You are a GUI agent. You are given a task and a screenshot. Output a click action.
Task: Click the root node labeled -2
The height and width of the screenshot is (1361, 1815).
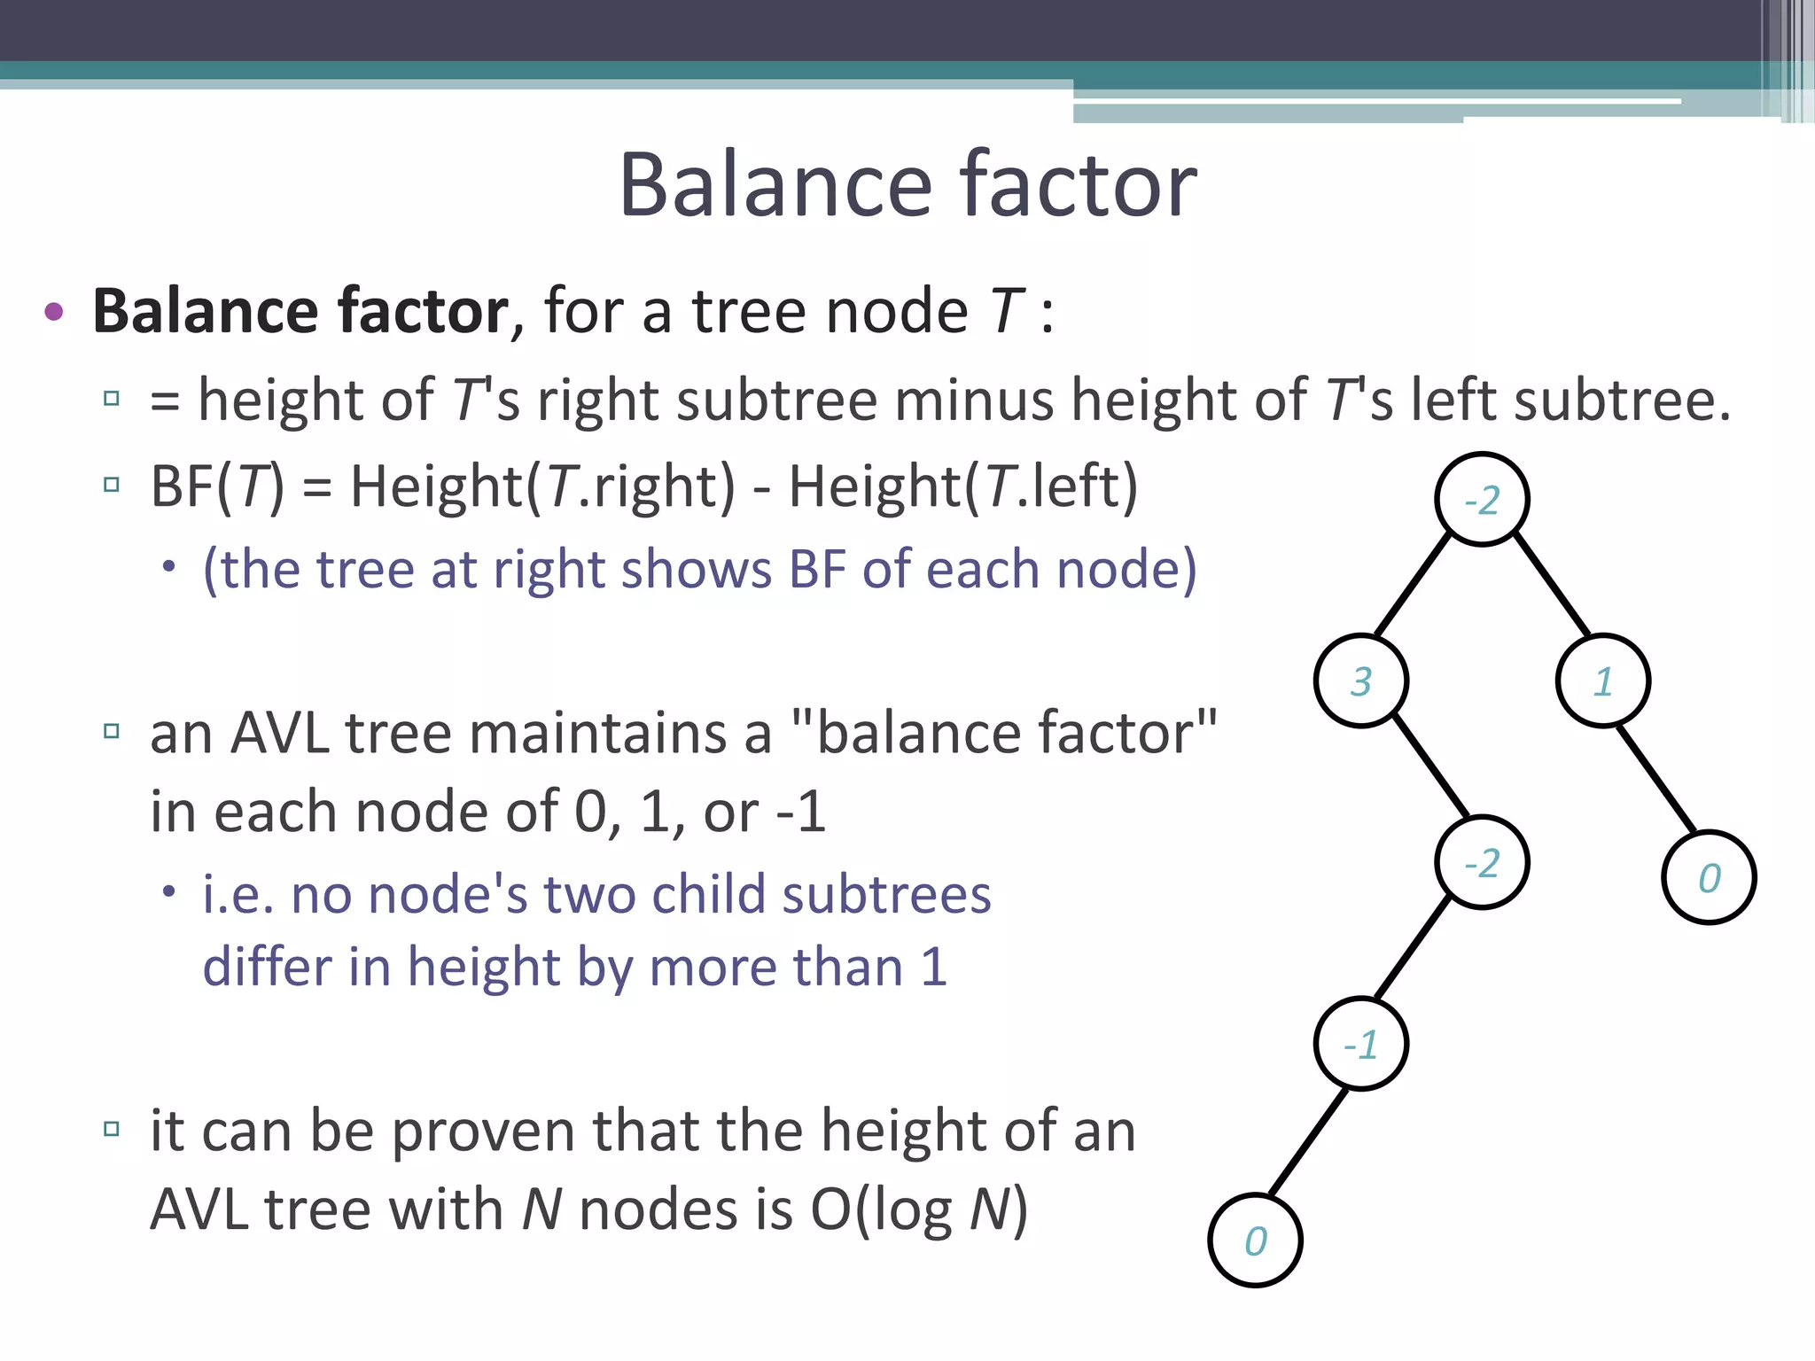(x=1482, y=500)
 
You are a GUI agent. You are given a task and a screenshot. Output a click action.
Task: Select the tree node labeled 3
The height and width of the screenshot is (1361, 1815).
(x=1361, y=680)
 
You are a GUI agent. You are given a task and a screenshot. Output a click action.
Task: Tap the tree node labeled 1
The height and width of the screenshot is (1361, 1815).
(x=1602, y=680)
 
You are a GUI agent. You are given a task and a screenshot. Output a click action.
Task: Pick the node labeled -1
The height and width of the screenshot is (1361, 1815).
(x=1361, y=1044)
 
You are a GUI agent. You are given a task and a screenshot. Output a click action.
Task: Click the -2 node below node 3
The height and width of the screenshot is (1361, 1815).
(x=1482, y=862)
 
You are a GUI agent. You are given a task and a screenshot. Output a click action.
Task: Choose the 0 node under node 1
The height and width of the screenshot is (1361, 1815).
(x=1709, y=877)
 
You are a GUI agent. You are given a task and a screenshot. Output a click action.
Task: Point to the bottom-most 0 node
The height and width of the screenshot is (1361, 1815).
(x=1255, y=1240)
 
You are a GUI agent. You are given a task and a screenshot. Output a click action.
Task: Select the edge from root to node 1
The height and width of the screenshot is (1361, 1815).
(x=1551, y=583)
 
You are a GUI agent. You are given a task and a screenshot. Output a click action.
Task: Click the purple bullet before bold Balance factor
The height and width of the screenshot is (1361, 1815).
(x=53, y=311)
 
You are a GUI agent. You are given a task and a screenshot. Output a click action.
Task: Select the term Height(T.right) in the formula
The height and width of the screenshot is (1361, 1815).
(x=542, y=486)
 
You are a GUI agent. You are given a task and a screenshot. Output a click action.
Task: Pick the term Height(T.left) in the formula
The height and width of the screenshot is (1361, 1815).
(x=963, y=486)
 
